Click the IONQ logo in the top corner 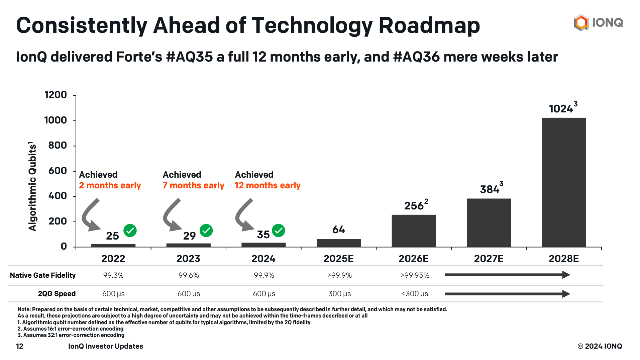598,22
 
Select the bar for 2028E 563,182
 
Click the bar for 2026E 413,231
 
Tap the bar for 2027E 488,223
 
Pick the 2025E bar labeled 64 338,243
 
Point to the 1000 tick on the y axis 56,120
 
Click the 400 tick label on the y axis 58,196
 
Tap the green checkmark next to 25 130,231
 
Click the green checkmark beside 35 278,231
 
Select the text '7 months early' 193,185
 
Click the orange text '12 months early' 268,185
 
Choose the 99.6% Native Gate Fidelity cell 189,275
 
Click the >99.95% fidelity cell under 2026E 414,275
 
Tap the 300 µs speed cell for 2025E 339,294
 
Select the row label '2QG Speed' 57,294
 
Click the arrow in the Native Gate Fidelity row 507,275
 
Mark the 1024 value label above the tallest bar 561,109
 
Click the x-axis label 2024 263,259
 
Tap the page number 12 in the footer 20,346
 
